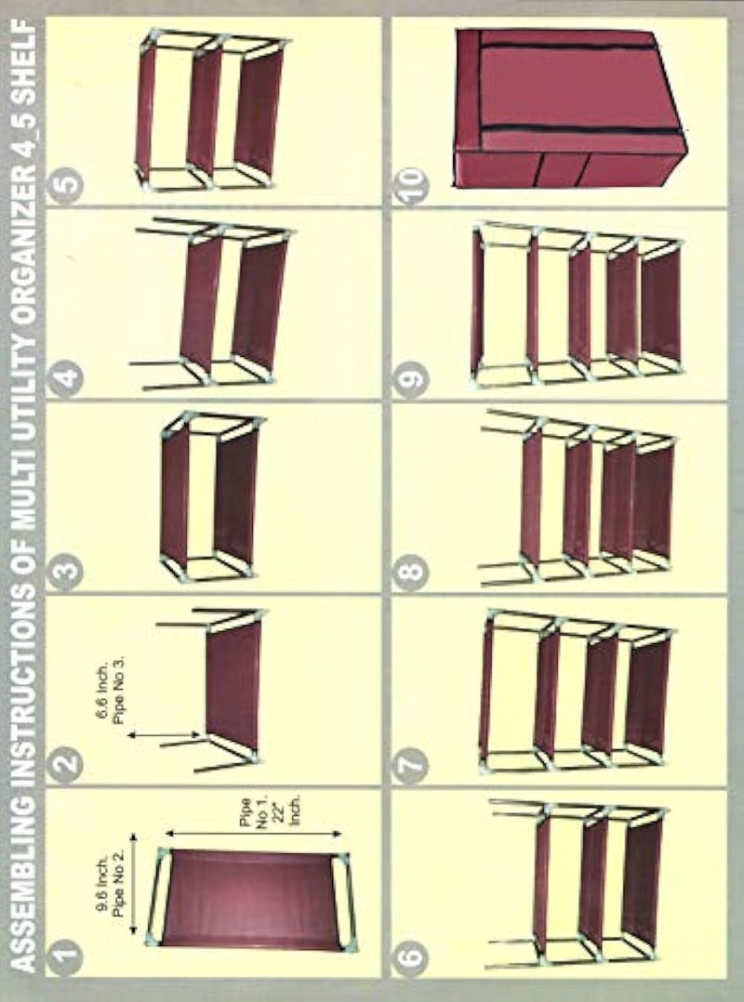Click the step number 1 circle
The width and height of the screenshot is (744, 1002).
[66, 956]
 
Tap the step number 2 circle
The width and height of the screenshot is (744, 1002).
[66, 762]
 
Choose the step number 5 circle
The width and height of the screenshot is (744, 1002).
[66, 184]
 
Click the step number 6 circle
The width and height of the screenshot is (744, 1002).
[411, 956]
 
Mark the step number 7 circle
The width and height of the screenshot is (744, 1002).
[411, 762]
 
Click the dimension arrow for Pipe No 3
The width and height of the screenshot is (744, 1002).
[165, 735]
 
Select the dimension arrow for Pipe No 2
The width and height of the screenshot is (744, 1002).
[134, 884]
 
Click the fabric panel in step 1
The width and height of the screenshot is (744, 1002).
[250, 898]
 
